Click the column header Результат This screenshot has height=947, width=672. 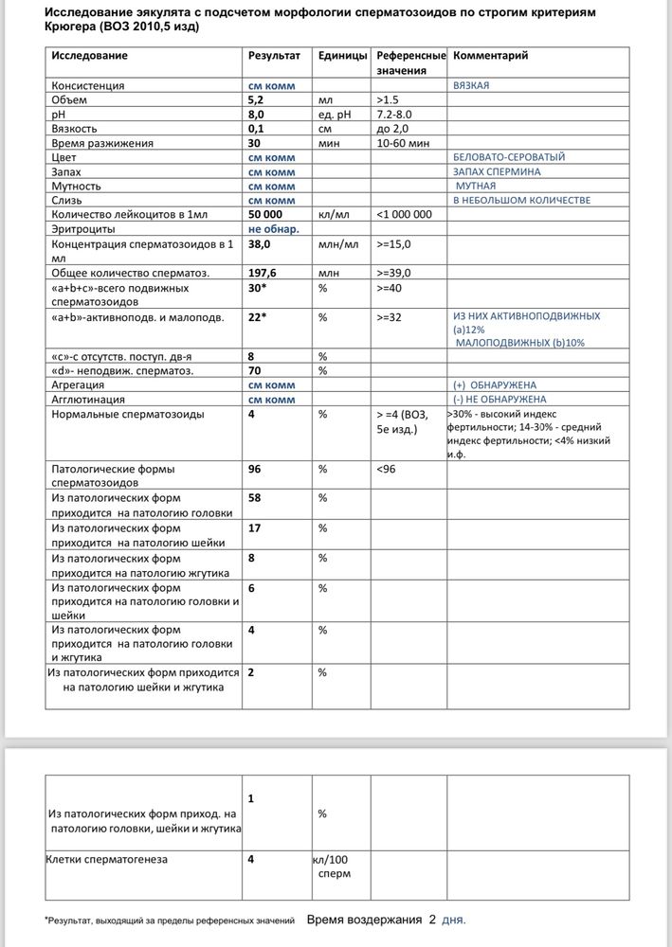pyautogui.click(x=274, y=56)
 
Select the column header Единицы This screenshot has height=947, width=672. pyautogui.click(x=343, y=56)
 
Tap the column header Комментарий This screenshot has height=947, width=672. pyautogui.click(x=491, y=56)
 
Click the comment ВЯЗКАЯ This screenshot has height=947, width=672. pyautogui.click(x=472, y=85)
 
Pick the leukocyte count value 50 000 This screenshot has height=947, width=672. pyautogui.click(x=268, y=215)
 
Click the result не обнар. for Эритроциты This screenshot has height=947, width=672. pyautogui.click(x=274, y=229)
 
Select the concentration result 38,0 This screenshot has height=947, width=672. pyautogui.click(x=260, y=243)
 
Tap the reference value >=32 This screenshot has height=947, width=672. pyautogui.click(x=389, y=317)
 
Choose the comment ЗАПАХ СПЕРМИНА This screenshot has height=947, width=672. pyautogui.click(x=498, y=171)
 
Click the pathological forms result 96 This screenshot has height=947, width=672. pyautogui.click(x=254, y=468)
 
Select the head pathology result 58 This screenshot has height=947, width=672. pyautogui.click(x=254, y=497)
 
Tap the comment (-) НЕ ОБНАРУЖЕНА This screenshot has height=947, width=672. pyautogui.click(x=495, y=400)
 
